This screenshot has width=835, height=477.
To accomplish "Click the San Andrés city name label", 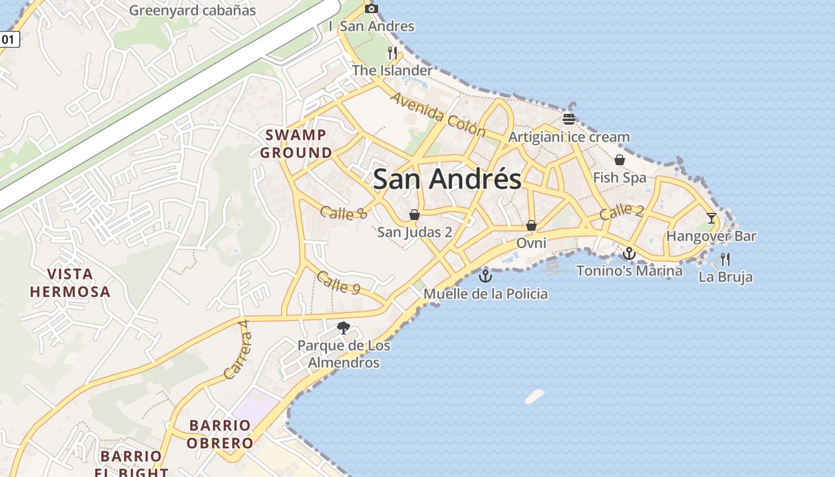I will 447,179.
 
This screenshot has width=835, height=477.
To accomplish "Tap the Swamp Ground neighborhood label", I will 296,144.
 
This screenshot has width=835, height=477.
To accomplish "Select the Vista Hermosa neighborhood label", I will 70,283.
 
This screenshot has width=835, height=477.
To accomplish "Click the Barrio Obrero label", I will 220,434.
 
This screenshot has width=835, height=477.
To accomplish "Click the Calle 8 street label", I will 344,212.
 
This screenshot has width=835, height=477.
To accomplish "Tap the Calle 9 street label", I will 338,282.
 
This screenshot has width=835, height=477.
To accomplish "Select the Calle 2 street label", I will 621,211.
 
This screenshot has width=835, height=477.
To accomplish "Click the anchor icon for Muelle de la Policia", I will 485,276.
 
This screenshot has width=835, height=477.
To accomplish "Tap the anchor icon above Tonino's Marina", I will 629,254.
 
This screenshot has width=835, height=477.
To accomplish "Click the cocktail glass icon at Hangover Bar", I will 711,218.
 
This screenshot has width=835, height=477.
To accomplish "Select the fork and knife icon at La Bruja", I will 725,259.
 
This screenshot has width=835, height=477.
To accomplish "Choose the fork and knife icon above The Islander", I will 392,53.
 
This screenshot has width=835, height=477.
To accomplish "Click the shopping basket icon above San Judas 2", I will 415,215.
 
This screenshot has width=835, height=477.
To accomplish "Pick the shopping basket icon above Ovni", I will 531,225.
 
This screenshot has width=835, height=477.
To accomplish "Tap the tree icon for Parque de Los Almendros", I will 344,327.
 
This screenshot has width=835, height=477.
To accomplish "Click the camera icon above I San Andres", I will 372,8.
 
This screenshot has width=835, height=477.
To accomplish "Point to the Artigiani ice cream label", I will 569,137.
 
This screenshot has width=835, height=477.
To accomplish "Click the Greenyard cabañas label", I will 192,10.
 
